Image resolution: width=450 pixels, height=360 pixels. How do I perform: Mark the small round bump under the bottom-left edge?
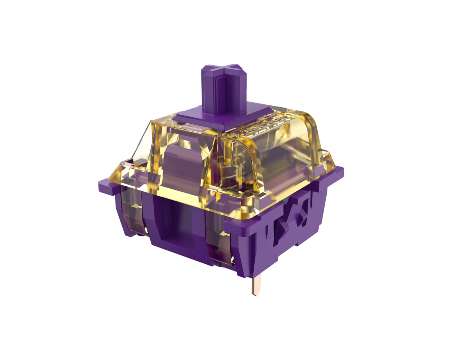point(139,235)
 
